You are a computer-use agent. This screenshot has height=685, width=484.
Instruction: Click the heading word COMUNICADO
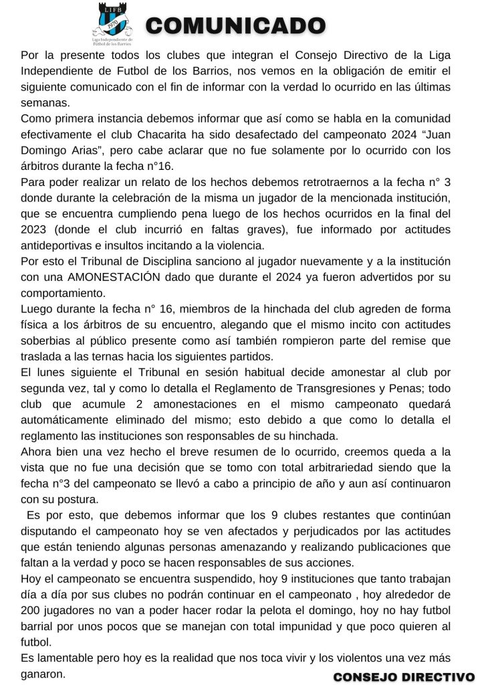pyautogui.click(x=235, y=26)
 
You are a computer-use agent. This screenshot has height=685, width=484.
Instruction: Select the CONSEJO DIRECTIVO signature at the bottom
pyautogui.click(x=404, y=677)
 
